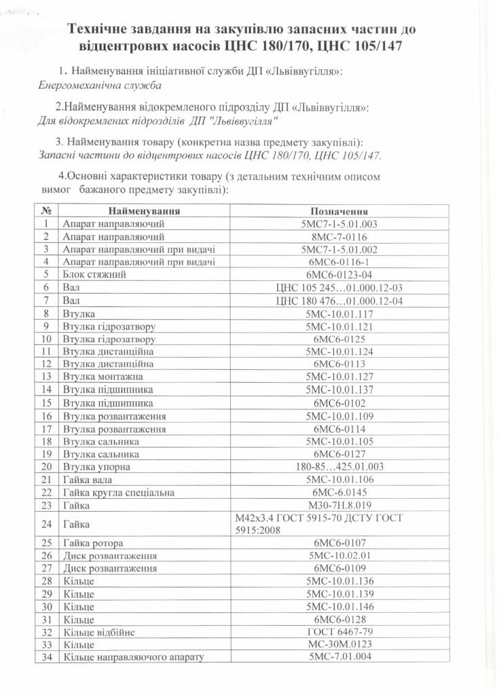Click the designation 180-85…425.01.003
pos(340,467)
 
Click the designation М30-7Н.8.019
pos(339,506)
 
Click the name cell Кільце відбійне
pos(99,633)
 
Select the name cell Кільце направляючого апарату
pos(133,658)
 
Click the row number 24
pos(47,525)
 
